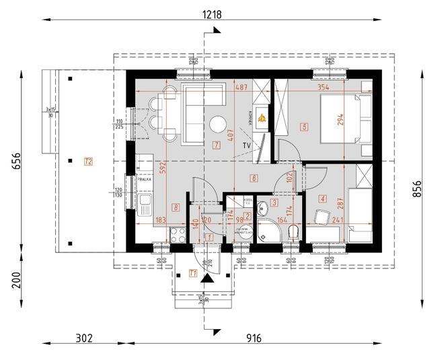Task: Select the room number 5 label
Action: pyautogui.click(x=304, y=126)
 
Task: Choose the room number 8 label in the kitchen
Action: pyautogui.click(x=176, y=208)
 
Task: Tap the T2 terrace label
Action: pyautogui.click(x=88, y=160)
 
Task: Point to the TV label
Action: pyautogui.click(x=247, y=145)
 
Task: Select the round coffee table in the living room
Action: pyautogui.click(x=218, y=125)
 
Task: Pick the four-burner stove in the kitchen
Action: pyautogui.click(x=179, y=235)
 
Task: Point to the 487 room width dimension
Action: pyautogui.click(x=223, y=87)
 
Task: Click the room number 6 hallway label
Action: pyautogui.click(x=254, y=178)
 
